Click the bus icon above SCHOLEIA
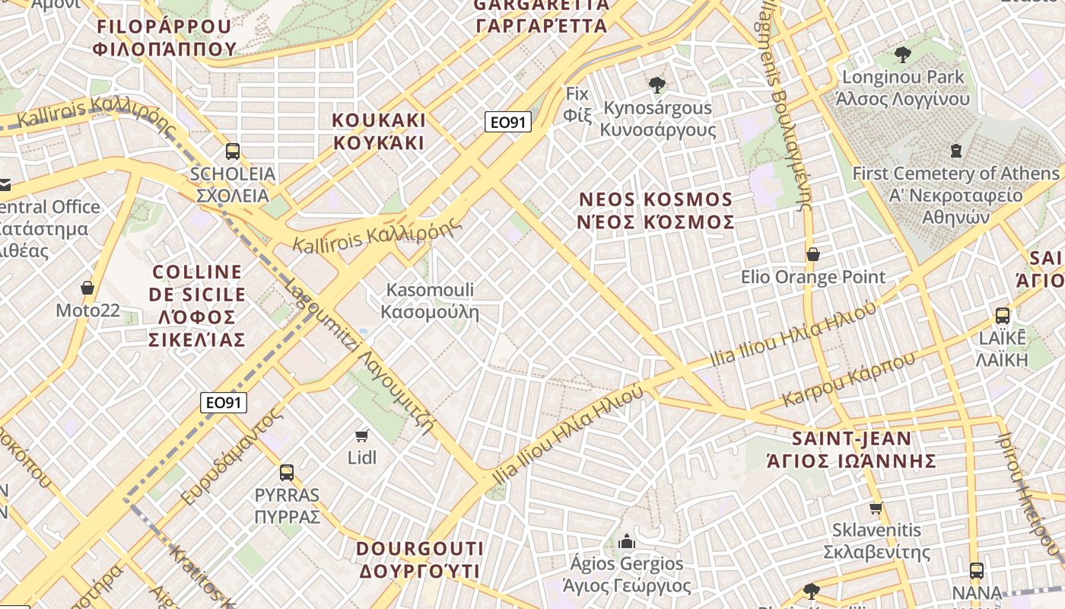pyautogui.click(x=233, y=151)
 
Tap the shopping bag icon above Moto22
pyautogui.click(x=87, y=288)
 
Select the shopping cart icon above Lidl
pyautogui.click(x=362, y=435)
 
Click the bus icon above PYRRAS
pyautogui.click(x=287, y=472)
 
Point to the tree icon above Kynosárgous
pyautogui.click(x=657, y=85)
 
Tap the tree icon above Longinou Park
pyautogui.click(x=903, y=54)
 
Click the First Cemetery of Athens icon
pyautogui.click(x=956, y=151)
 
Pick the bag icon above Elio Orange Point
pyautogui.click(x=813, y=254)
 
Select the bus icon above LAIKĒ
pyautogui.click(x=1003, y=315)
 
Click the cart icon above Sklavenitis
pyautogui.click(x=876, y=508)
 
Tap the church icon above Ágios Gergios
pyautogui.click(x=627, y=541)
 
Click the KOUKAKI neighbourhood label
pyautogui.click(x=379, y=132)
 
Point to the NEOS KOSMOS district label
pyautogui.click(x=656, y=211)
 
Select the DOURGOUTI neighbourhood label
pyautogui.click(x=420, y=560)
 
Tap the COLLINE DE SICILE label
pyautogui.click(x=198, y=305)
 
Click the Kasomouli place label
pyautogui.click(x=430, y=301)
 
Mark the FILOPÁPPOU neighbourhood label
pyautogui.click(x=164, y=37)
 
